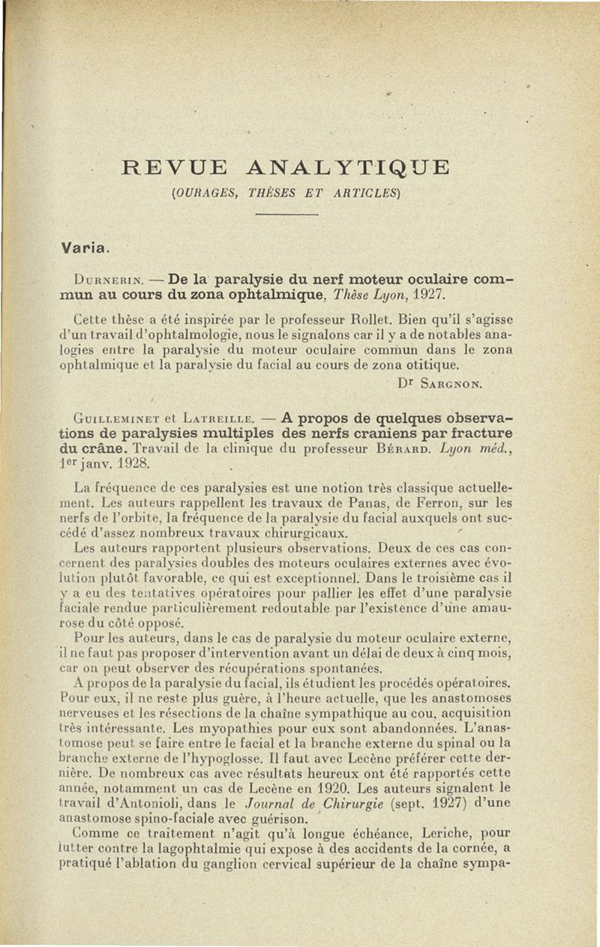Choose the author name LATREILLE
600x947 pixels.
(x=216, y=418)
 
